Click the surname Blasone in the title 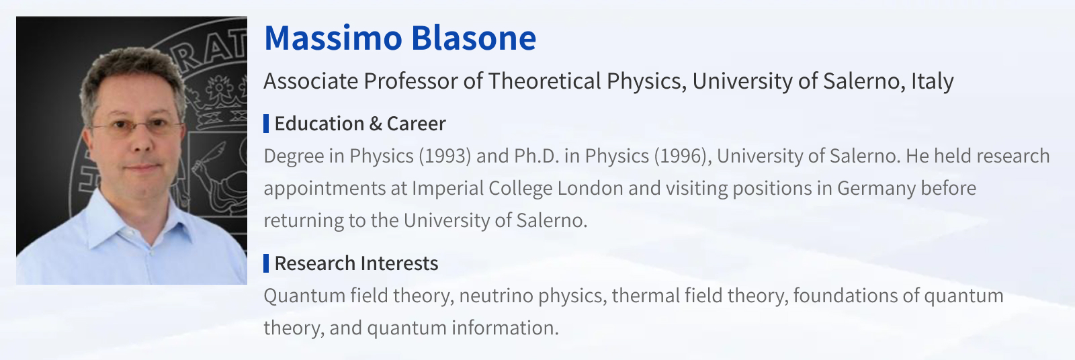474,38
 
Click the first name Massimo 333,38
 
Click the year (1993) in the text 445,156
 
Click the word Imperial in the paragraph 447,188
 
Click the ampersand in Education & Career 376,124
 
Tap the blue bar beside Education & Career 266,124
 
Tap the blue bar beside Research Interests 266,263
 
